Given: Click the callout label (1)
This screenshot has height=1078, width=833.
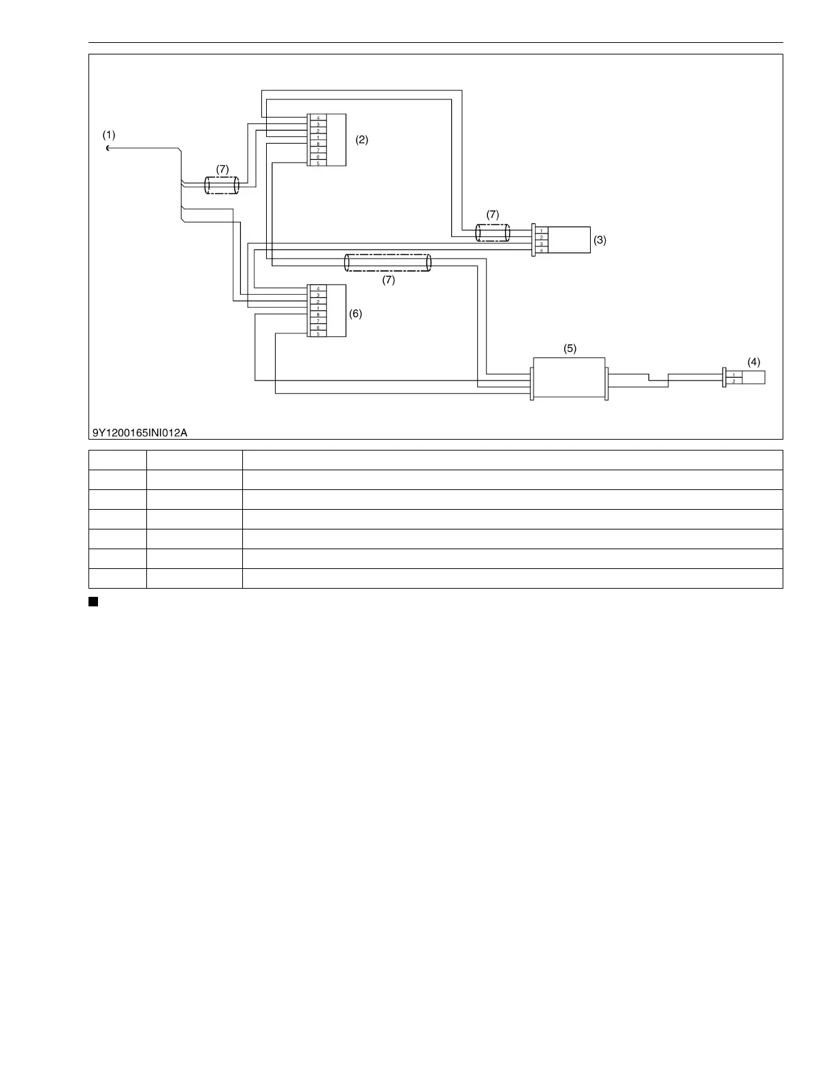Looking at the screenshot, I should click(x=109, y=135).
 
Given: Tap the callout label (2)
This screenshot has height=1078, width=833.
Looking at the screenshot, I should click(x=362, y=140).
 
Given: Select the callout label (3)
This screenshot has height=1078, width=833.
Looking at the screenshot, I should click(x=600, y=240).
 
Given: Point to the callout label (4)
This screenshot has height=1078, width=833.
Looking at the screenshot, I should click(x=753, y=362).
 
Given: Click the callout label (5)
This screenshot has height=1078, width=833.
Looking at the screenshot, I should click(x=570, y=348).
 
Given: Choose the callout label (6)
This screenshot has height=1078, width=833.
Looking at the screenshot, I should click(x=355, y=314).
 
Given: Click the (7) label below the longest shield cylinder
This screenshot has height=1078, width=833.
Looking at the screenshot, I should click(x=388, y=280).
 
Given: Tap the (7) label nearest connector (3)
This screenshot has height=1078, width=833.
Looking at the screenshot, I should click(x=493, y=214).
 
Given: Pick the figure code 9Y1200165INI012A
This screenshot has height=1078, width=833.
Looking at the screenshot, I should click(x=140, y=431).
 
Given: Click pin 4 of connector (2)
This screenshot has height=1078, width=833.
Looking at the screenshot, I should click(x=318, y=118).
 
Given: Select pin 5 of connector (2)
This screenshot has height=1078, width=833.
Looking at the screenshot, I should click(x=318, y=163).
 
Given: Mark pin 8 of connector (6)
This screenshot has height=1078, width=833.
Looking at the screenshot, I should click(x=318, y=314).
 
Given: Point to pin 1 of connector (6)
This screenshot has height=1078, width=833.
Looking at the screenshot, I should click(x=318, y=308).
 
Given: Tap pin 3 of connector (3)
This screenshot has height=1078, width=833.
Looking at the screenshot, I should click(x=541, y=244).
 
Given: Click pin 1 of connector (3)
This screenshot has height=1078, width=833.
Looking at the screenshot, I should click(x=541, y=231).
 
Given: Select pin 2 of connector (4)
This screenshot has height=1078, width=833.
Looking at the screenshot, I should click(x=733, y=381).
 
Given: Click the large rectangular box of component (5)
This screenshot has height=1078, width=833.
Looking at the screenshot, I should click(x=569, y=378).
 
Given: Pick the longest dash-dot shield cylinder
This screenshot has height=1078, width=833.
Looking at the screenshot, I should click(x=388, y=263).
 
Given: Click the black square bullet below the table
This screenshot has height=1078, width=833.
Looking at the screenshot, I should click(x=93, y=601).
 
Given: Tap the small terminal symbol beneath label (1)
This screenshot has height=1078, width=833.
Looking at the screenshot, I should click(x=108, y=148).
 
